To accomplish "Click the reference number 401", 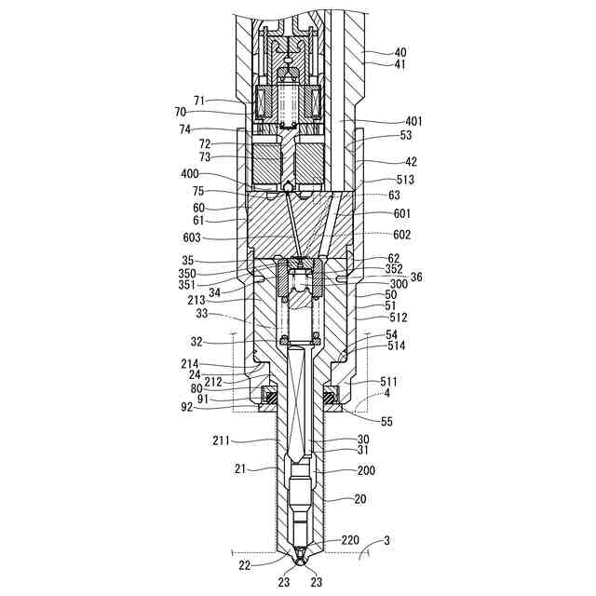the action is pos(413,122).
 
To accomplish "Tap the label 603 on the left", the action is pos(192,238).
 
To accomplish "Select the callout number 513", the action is pos(405,180).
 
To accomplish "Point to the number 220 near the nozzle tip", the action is pos(350,540).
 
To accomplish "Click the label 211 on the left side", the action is pos(222,440).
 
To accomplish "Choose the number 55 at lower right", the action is pos(386,421).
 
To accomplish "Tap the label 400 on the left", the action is pos(190,174).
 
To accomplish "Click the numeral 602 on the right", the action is pos(401,235).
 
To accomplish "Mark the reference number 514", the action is pos(397,345).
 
